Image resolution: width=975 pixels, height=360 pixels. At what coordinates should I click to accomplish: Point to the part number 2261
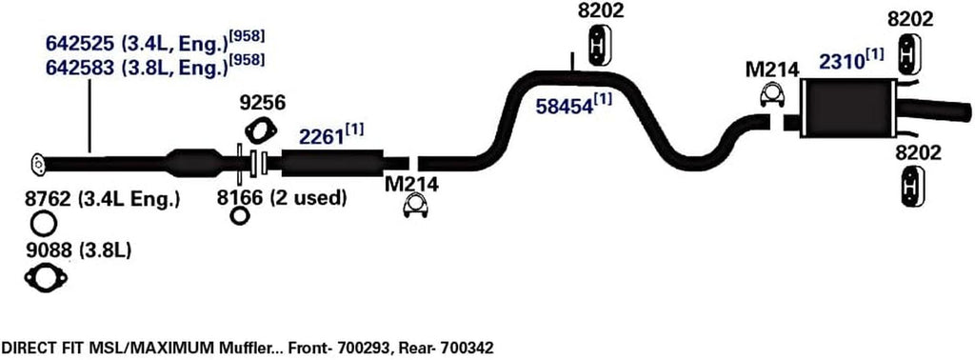click(321, 137)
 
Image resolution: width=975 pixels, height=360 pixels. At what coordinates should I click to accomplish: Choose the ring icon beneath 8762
click(43, 225)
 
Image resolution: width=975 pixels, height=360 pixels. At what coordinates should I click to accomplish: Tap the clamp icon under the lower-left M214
click(415, 206)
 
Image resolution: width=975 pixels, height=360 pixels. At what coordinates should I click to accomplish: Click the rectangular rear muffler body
click(848, 110)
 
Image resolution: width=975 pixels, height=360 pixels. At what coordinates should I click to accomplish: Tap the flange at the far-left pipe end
click(36, 164)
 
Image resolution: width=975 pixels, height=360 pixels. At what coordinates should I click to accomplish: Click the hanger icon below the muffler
click(911, 185)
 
